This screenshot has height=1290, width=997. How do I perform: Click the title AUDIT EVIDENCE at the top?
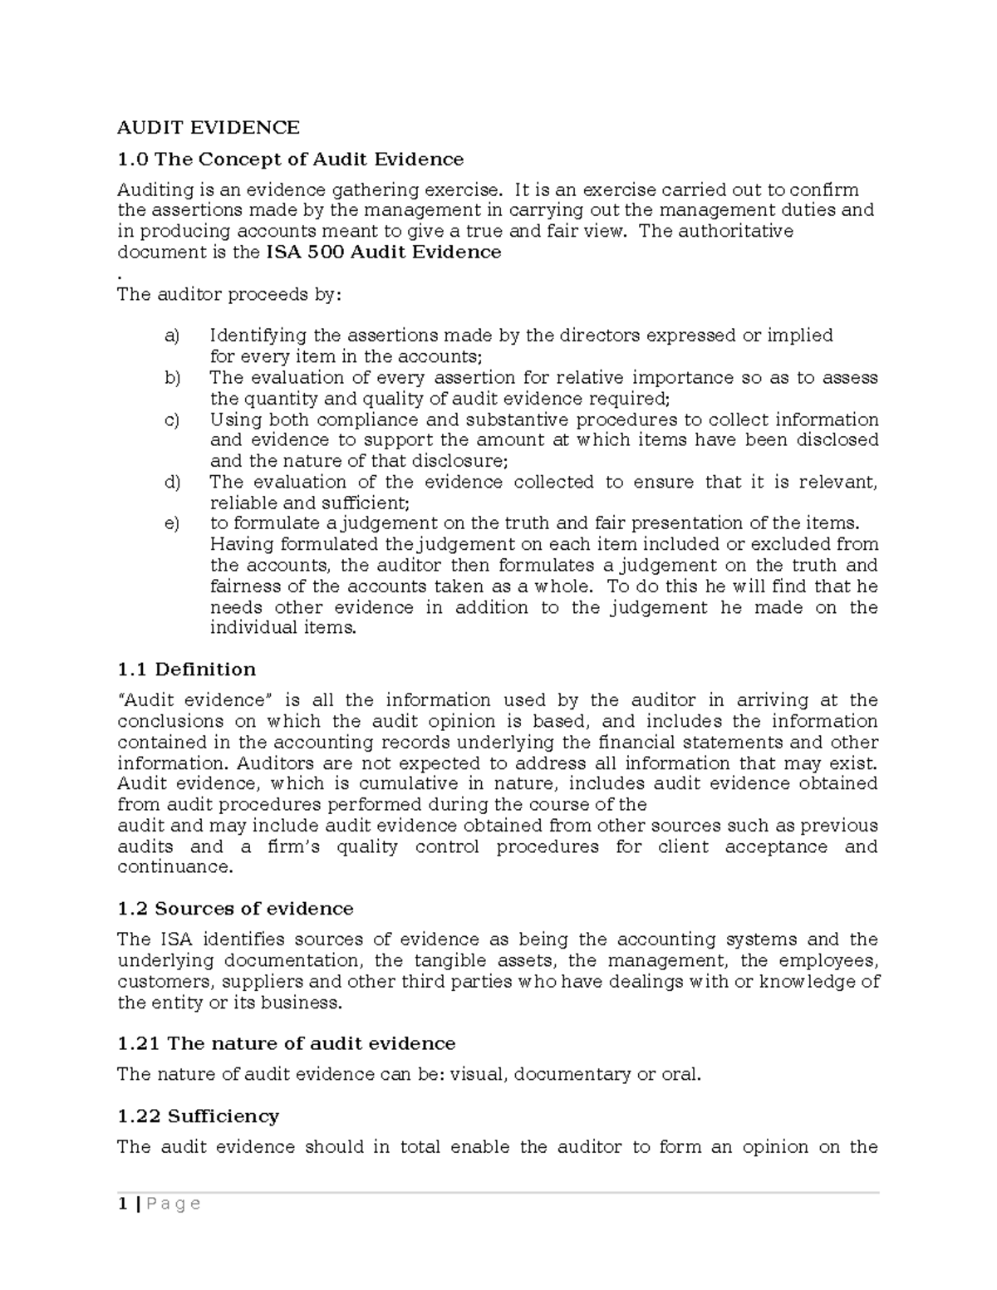coord(208,128)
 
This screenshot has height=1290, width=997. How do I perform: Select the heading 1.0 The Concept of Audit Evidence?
coord(290,159)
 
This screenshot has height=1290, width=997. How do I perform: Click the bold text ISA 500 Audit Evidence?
coord(383,253)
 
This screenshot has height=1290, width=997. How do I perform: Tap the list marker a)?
coord(172,336)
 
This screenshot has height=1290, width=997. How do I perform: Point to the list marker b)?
coord(172,378)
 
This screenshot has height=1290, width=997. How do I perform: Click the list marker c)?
coord(172,420)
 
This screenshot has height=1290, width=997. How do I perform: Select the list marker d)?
coord(172,483)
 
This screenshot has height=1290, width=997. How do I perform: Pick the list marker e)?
coord(172,524)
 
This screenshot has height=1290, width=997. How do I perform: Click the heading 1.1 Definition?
coord(186,670)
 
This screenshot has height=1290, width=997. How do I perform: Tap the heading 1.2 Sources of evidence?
coord(235,909)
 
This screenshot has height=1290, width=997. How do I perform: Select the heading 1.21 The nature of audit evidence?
coord(286,1043)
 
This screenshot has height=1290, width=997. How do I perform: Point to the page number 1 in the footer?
coord(122,1204)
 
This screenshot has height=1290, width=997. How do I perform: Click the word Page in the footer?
coord(172,1204)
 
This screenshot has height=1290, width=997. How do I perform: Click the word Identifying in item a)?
coord(258,336)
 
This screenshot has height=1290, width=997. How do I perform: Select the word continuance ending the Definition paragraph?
coord(173,867)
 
